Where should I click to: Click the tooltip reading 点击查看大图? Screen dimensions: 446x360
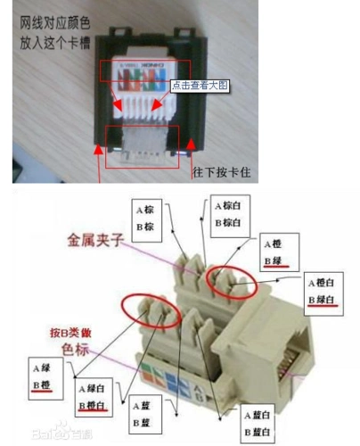tap(200, 86)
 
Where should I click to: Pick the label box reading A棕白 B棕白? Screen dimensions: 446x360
tap(230, 213)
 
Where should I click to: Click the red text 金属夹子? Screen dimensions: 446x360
tap(94, 240)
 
